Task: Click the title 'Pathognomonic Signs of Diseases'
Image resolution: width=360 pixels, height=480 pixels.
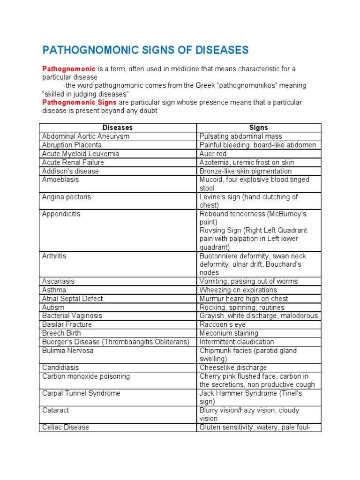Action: (145, 50)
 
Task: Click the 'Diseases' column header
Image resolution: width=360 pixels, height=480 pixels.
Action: (118, 127)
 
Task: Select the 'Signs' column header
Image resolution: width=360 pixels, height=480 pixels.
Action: (259, 127)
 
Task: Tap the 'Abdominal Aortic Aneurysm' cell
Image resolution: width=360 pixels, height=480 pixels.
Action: (86, 136)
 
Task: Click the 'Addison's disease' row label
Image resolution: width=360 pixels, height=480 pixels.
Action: (70, 171)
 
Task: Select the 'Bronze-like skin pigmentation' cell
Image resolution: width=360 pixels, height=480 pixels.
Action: (245, 171)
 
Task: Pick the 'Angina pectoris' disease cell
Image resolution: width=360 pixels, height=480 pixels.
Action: (67, 197)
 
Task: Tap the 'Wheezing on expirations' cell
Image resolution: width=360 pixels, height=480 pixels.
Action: (238, 290)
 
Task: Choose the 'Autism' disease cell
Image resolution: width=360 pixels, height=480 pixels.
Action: (53, 307)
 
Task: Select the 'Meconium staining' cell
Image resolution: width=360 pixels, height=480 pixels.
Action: (229, 333)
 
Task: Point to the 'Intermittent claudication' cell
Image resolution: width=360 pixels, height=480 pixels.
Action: (237, 342)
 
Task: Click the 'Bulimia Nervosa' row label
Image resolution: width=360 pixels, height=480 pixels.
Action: (68, 351)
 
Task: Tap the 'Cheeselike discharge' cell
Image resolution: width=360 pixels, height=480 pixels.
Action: (233, 367)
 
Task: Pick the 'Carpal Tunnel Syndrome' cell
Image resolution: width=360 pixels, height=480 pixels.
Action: (81, 393)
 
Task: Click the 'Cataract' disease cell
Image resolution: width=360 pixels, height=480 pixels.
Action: (55, 410)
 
